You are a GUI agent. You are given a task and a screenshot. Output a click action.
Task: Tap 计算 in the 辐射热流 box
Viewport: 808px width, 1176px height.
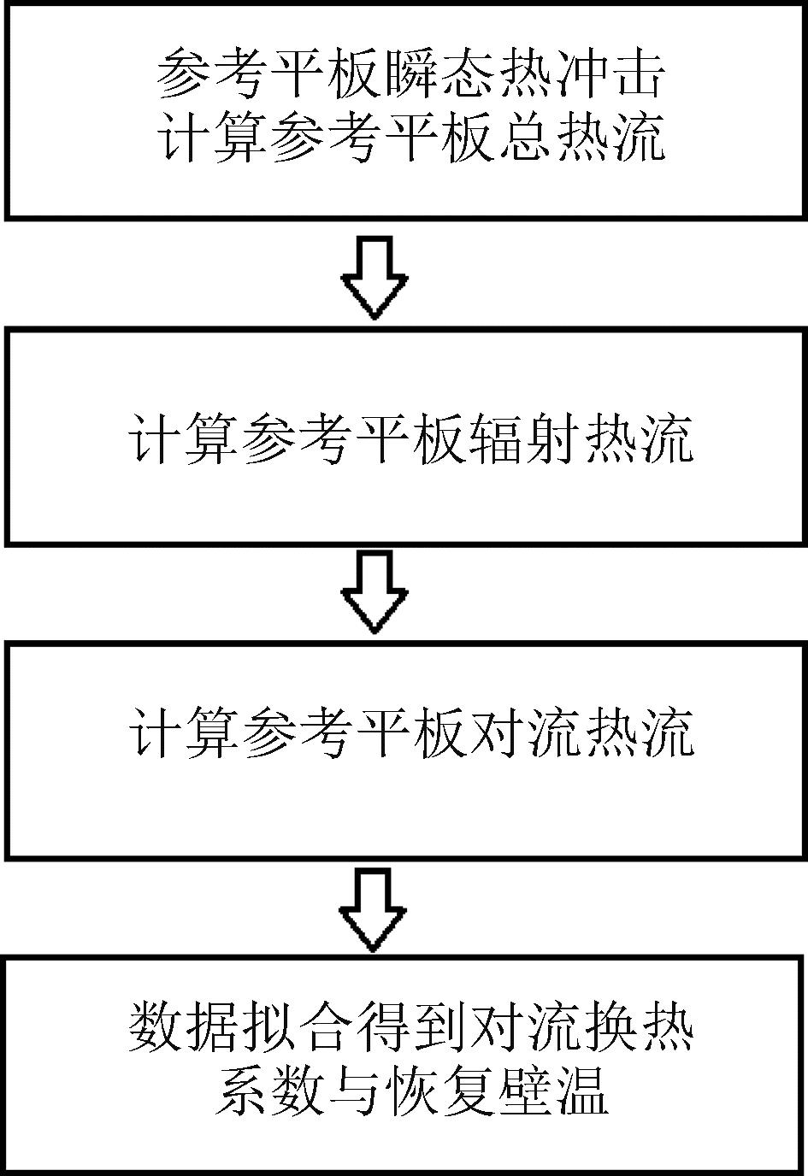pyautogui.click(x=184, y=441)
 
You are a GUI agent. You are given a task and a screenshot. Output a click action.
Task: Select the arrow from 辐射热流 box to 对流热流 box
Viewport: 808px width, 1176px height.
pyautogui.click(x=374, y=591)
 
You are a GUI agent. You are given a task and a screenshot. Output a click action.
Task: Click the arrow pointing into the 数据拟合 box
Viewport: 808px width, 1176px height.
pyautogui.click(x=374, y=909)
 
